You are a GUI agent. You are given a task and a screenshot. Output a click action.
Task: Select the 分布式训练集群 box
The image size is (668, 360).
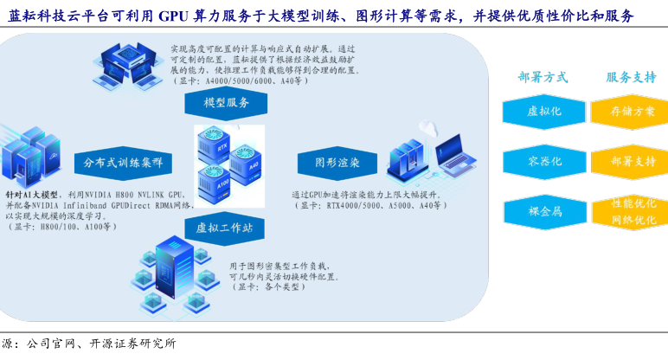pos(123,162)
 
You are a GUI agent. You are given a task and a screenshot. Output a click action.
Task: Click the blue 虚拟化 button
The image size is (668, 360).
pos(544,112)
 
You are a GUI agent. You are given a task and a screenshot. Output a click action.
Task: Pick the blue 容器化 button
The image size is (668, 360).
pos(544,161)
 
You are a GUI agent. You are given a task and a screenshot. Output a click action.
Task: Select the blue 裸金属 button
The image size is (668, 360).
pos(544,210)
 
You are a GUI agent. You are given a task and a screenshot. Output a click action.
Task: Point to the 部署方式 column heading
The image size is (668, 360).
pos(543,77)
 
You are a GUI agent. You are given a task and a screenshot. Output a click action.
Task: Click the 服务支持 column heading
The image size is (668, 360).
pos(631,77)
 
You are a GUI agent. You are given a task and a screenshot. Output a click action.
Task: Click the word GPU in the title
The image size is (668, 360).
pos(178,16)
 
